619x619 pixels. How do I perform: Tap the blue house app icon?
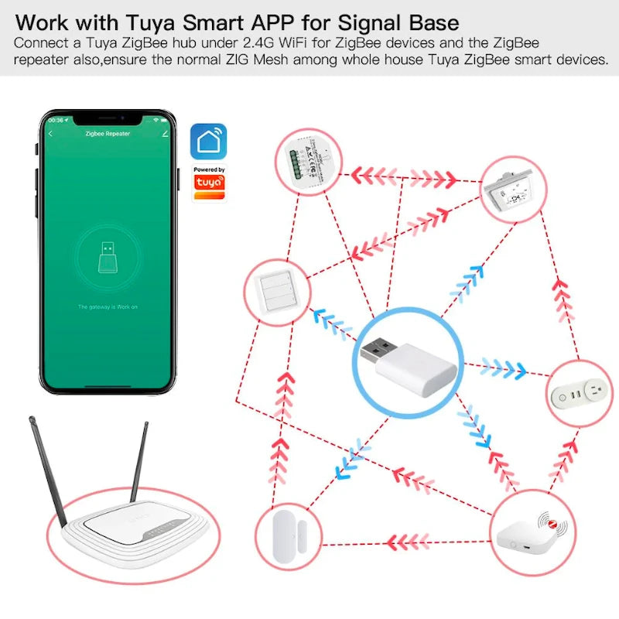pos(209,142)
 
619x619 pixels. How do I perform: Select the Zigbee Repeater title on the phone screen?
pos(107,134)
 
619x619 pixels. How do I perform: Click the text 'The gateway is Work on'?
pos(108,307)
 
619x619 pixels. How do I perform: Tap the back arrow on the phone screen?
pos(51,134)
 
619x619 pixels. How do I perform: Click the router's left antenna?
pos(47,464)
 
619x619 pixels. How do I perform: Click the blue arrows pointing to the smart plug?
pos(502,368)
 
